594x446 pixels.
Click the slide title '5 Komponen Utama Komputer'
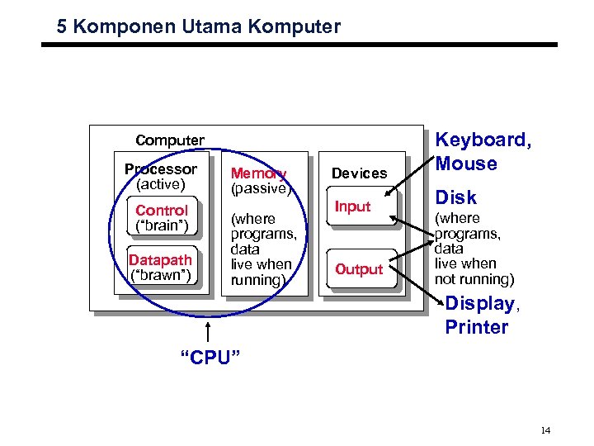pyautogui.click(x=198, y=26)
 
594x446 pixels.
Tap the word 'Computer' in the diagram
pyautogui.click(x=170, y=140)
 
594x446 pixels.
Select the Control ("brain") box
pyautogui.click(x=163, y=218)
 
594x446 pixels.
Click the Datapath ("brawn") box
pyautogui.click(x=161, y=267)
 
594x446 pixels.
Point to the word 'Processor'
pyautogui.click(x=161, y=169)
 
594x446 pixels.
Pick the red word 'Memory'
pyautogui.click(x=258, y=173)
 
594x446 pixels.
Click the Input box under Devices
pyautogui.click(x=353, y=206)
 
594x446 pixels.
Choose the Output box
pyautogui.click(x=359, y=269)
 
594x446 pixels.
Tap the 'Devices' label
pyautogui.click(x=359, y=173)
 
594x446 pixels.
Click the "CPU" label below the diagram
pyautogui.click(x=210, y=358)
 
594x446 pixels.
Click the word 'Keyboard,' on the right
pyautogui.click(x=483, y=140)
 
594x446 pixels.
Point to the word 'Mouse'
pyautogui.click(x=466, y=163)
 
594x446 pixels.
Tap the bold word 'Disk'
pyautogui.click(x=455, y=197)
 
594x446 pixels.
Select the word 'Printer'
pyautogui.click(x=477, y=327)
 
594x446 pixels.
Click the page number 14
pyautogui.click(x=545, y=430)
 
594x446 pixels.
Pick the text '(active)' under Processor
pyautogui.click(x=161, y=183)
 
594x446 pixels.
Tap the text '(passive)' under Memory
pyautogui.click(x=262, y=188)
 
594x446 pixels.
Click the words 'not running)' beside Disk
pyautogui.click(x=474, y=278)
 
